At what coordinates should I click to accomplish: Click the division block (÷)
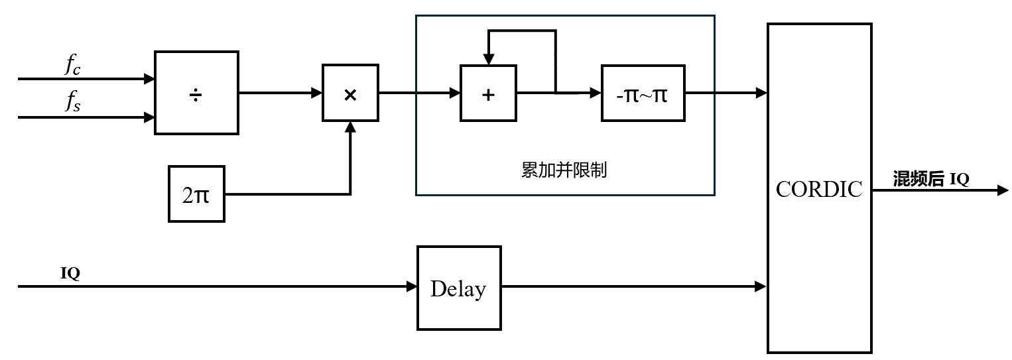point(196,93)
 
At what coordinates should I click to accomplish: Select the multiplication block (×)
point(350,93)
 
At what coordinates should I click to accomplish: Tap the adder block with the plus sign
point(488,93)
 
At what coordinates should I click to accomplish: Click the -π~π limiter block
point(643,93)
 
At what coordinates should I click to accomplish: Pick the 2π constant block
point(196,194)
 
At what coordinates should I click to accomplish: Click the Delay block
point(458,288)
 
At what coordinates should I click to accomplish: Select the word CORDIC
point(819,190)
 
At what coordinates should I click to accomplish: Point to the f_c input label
point(73,65)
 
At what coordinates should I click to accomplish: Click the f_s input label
point(73,103)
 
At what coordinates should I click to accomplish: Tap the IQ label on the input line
point(70,273)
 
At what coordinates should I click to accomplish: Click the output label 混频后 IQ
point(931,178)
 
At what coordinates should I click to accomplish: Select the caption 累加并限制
point(564,170)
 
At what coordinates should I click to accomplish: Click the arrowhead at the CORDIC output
point(1003,190)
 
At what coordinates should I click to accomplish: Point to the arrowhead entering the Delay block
point(412,287)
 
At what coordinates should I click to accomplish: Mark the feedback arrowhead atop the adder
point(488,60)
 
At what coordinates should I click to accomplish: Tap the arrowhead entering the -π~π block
point(596,93)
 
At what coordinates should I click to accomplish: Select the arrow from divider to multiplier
point(279,93)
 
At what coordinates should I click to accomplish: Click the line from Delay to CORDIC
point(630,287)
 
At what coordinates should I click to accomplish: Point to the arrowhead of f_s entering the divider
point(149,118)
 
